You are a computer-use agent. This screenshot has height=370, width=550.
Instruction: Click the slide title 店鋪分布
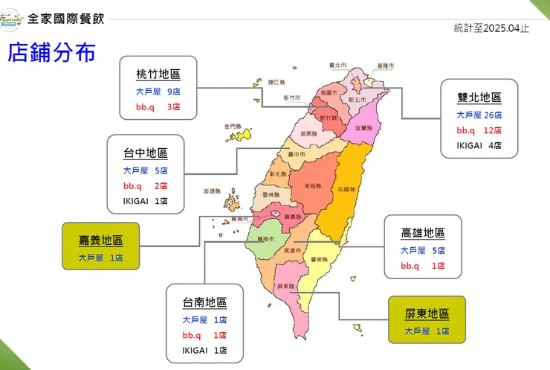tap(51, 53)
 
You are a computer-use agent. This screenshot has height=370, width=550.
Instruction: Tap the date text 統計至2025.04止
tap(491, 28)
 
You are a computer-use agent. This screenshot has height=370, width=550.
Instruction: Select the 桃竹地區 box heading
tap(158, 74)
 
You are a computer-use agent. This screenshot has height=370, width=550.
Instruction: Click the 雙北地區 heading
tap(479, 98)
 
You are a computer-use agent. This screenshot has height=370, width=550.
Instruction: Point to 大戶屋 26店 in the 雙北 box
tap(479, 115)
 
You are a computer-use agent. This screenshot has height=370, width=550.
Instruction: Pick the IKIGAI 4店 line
tap(479, 145)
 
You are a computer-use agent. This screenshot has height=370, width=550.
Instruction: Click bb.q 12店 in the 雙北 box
tap(479, 130)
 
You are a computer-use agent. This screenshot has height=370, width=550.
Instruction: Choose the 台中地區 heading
tap(145, 154)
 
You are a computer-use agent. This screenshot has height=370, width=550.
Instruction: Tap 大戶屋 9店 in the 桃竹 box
tap(158, 92)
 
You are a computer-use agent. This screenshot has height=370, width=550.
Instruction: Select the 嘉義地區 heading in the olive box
tap(100, 240)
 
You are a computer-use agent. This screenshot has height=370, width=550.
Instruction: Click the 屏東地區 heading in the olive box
tap(427, 314)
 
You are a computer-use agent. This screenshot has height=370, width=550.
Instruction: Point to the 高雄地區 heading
tap(422, 233)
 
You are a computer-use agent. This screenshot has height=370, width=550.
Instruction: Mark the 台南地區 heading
tap(204, 303)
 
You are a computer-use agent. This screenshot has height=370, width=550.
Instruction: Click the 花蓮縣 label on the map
tap(347, 189)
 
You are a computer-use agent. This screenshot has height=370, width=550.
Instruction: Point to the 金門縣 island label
tap(233, 127)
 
